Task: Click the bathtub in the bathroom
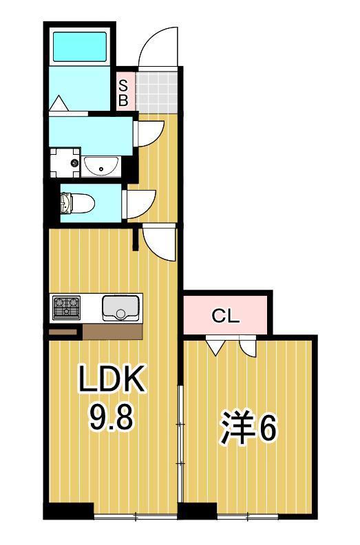pyautogui.click(x=81, y=46)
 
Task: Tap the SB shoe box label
pyautogui.click(x=123, y=92)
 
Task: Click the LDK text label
pyautogui.click(x=111, y=379)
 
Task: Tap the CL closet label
pyautogui.click(x=225, y=317)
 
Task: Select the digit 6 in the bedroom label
pyautogui.click(x=268, y=428)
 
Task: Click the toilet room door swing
pyautogui.click(x=134, y=204)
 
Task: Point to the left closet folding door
pyautogui.click(x=215, y=345)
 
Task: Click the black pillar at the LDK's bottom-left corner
pyautogui.click(x=68, y=511)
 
